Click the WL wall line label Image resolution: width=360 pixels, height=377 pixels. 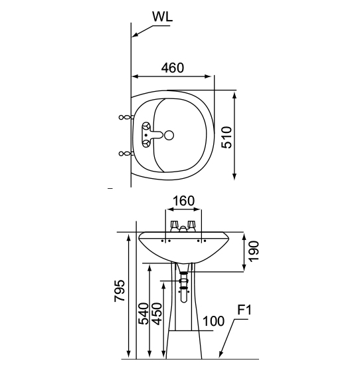coord(162,17)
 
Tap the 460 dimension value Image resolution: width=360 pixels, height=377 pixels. coord(173,68)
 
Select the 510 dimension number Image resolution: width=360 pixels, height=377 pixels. coord(226,137)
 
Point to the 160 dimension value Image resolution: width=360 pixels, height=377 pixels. coord(184,201)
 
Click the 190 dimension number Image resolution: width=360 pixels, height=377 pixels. coord(254,251)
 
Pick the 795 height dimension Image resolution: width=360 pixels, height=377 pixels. coord(120,291)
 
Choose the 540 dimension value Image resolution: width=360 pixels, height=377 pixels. coord(144,314)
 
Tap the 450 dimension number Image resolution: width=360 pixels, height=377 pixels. coord(157,314)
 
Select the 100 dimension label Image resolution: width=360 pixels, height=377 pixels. coord(213,321)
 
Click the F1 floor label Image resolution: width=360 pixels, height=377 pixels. coord(244,310)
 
